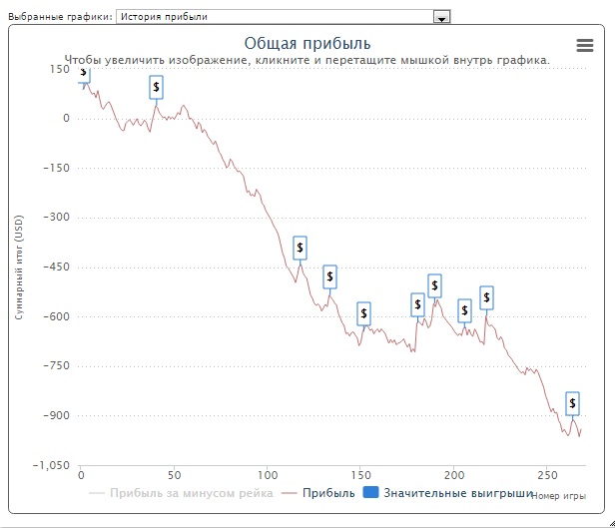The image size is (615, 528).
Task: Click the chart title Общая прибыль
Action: tap(307, 43)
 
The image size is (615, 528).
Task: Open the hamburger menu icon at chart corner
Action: tap(585, 45)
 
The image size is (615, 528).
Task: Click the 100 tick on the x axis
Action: tap(267, 475)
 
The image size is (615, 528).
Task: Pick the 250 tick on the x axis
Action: tap(546, 475)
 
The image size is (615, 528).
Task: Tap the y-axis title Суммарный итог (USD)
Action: tap(18, 266)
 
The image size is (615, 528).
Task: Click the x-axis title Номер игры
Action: tap(558, 496)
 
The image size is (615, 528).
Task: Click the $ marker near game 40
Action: tap(156, 88)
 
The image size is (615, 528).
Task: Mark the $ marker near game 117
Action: tap(300, 248)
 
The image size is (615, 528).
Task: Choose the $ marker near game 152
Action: tap(363, 314)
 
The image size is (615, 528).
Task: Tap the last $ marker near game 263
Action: tap(572, 403)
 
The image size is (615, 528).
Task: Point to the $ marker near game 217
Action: tap(486, 297)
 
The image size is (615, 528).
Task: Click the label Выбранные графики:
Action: tap(58, 17)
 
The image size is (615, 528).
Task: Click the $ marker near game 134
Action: tap(330, 276)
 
